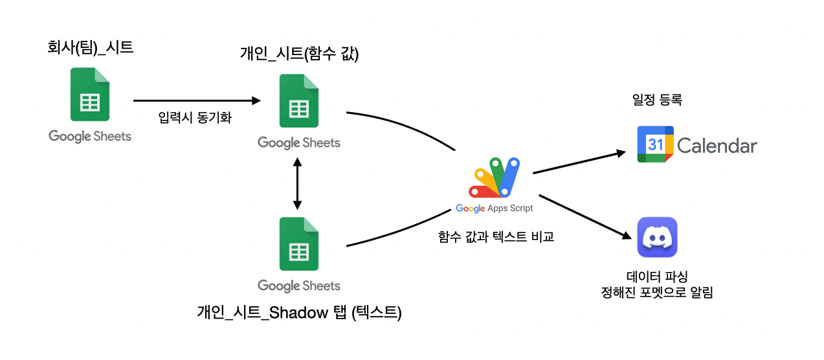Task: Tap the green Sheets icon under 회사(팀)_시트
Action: pos(90,95)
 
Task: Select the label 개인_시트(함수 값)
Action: pos(299,55)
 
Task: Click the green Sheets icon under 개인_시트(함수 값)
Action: pos(298,101)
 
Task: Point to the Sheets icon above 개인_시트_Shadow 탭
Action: pos(298,243)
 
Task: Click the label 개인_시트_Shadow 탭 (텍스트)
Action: pos(299,313)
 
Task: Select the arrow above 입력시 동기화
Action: pos(197,100)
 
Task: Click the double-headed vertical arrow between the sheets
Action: pos(298,185)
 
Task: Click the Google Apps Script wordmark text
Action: pos(495,208)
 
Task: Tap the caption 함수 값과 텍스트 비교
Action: pos(496,237)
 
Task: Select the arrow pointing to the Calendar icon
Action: pos(579,163)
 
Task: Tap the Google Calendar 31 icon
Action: pos(655,144)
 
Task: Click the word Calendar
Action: pos(717,146)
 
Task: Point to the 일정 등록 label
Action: pos(658,100)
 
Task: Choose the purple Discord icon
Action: pos(657,237)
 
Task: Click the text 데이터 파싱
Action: pos(657,277)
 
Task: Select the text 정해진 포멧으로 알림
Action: pos(657,293)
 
